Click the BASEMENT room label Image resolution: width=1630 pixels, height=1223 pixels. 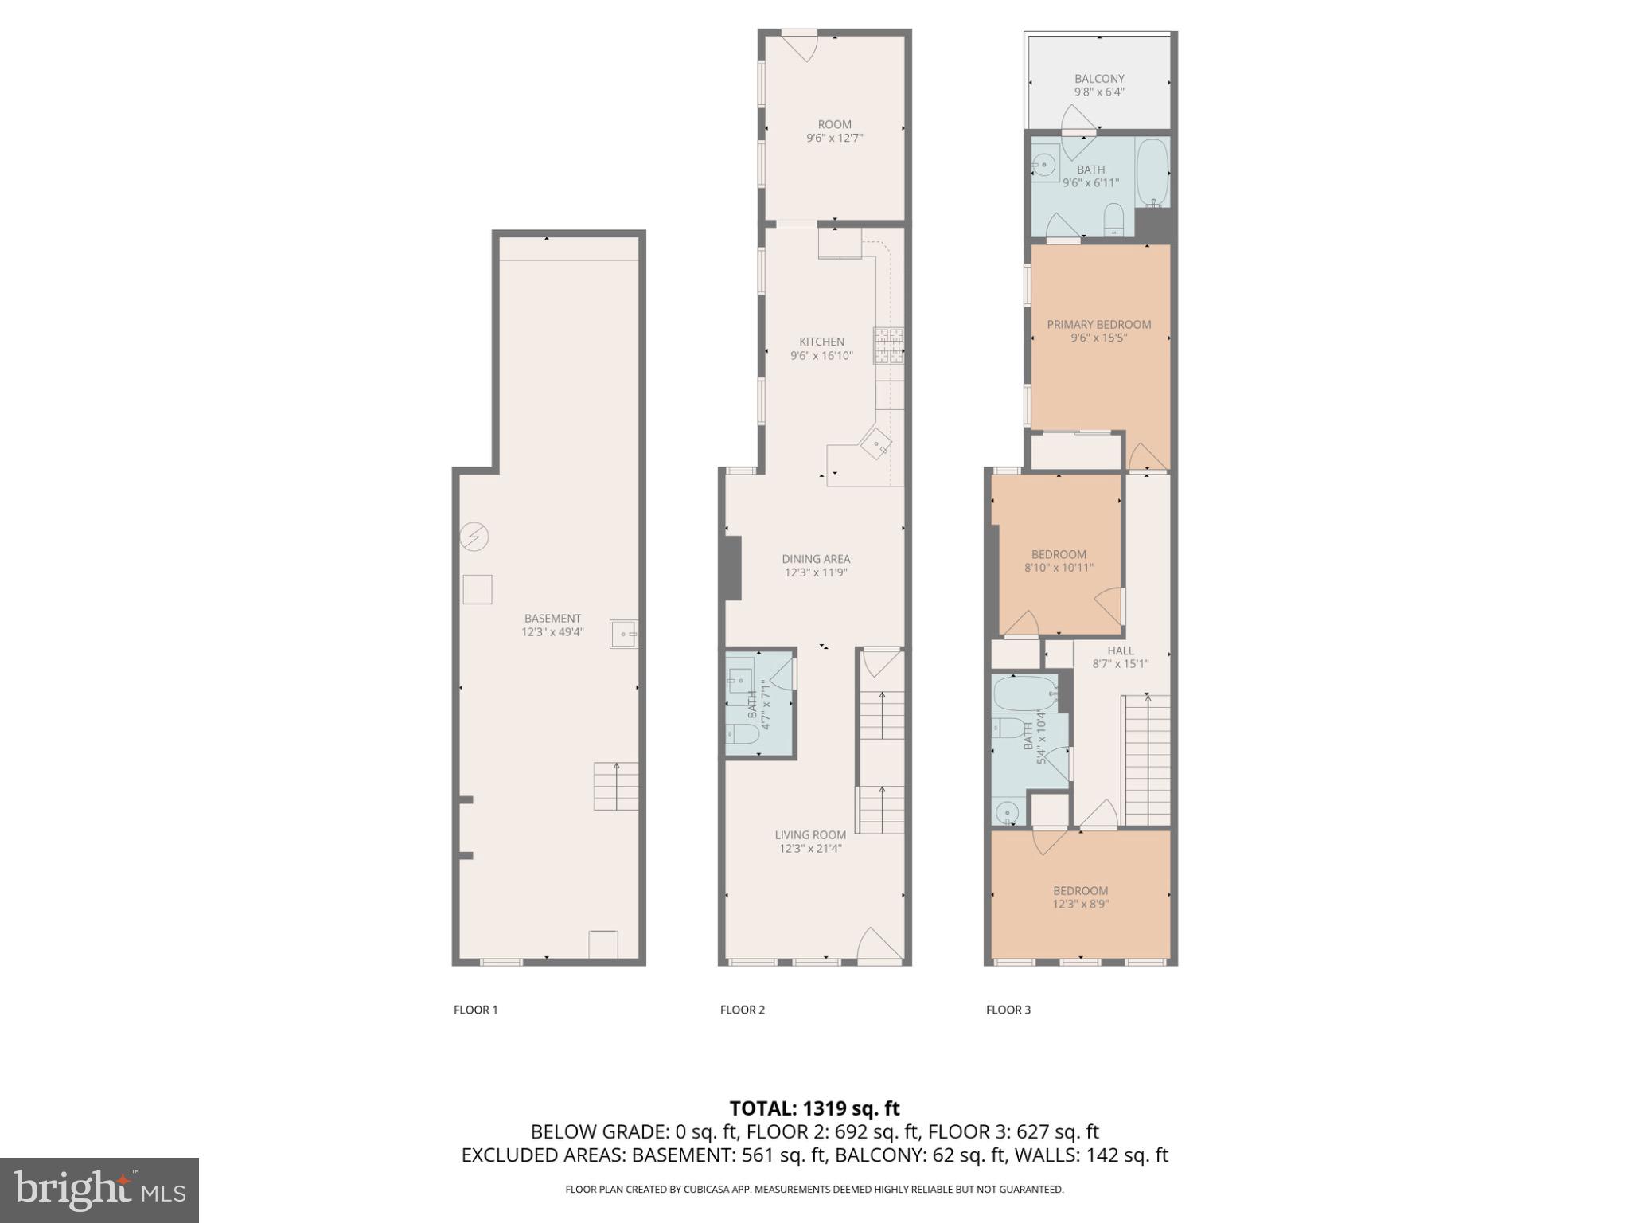click(x=552, y=618)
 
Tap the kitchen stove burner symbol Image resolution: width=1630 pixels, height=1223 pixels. click(x=889, y=346)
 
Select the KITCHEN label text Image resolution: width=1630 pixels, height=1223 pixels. click(x=821, y=342)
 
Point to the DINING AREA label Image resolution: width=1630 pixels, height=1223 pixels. click(x=815, y=559)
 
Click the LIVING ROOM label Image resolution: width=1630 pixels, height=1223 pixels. click(x=810, y=835)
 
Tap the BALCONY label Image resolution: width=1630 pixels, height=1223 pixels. click(x=1099, y=79)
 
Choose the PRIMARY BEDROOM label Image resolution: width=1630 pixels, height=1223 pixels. click(x=1098, y=324)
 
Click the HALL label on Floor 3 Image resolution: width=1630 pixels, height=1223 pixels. click(x=1120, y=651)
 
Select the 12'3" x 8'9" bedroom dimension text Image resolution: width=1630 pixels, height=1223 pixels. click(x=1080, y=904)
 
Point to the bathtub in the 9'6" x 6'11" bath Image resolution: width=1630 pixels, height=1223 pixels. click(x=1152, y=172)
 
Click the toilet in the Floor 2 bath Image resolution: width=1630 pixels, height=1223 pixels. click(x=742, y=733)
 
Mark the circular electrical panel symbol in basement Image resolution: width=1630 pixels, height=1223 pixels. click(x=474, y=537)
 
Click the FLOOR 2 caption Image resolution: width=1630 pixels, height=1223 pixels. click(x=742, y=1010)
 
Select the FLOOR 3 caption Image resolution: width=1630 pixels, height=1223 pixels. click(x=1008, y=1010)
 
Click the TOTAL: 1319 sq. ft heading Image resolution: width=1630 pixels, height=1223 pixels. click(x=814, y=1108)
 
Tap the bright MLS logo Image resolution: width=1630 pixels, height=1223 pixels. click(x=99, y=1190)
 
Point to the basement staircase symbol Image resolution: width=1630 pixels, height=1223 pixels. click(x=616, y=786)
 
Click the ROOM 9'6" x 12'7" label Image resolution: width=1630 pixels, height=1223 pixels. click(x=834, y=131)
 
